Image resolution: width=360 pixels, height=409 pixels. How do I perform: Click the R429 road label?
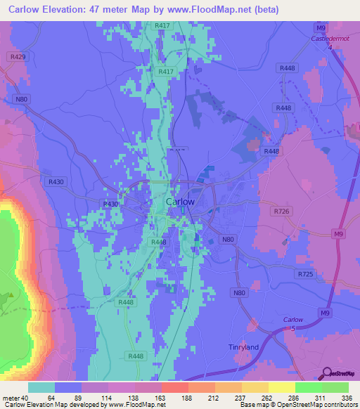coord(18,56)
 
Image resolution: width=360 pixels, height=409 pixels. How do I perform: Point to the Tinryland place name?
coord(244,347)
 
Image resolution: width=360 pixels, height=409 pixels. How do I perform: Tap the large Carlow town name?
coord(180,202)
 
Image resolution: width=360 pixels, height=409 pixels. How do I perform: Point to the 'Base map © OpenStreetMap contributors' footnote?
coord(299,405)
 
